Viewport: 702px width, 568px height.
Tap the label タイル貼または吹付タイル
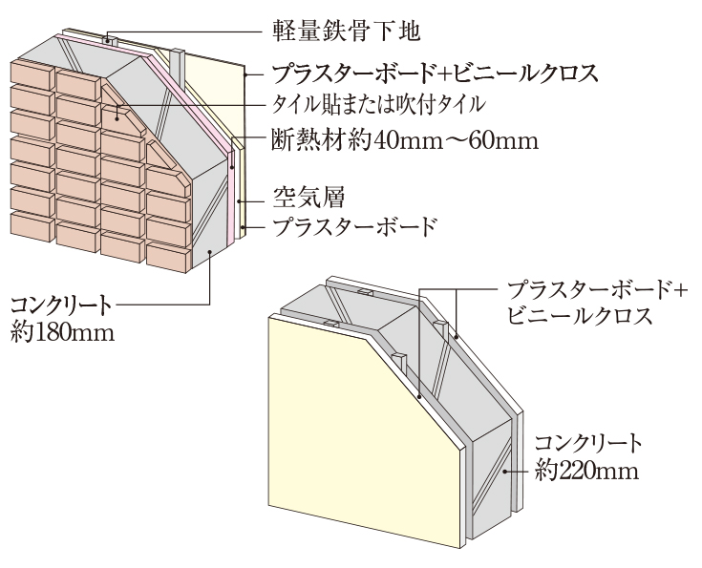tap(381, 101)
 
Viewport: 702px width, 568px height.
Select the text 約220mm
tap(584, 471)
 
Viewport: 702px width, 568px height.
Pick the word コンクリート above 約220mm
tap(588, 444)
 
